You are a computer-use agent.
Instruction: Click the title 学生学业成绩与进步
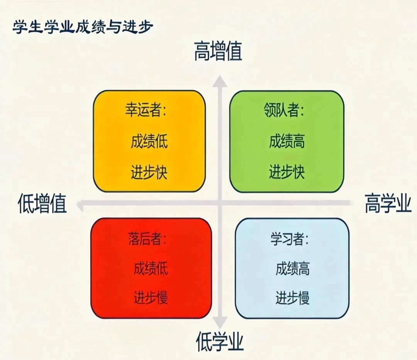point(83,27)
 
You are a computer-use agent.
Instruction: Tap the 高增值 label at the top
point(218,51)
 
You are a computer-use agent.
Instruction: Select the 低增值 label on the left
point(42,203)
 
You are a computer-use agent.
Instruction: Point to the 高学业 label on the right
point(388,203)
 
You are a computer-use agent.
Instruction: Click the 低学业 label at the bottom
point(220,341)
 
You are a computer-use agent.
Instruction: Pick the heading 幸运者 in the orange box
point(146,110)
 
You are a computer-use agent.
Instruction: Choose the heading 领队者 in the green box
point(284,110)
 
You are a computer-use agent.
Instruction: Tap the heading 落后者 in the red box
point(147,238)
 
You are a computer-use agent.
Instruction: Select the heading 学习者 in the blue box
point(289,238)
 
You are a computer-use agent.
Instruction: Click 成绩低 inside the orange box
point(149,141)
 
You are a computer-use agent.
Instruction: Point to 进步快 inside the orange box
point(149,172)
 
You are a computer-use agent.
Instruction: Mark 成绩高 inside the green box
point(287,141)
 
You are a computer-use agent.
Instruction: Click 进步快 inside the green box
point(287,172)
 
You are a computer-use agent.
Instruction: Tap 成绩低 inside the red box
point(151,268)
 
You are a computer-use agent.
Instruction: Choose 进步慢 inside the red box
point(151,297)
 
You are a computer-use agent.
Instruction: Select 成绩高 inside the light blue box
point(293,268)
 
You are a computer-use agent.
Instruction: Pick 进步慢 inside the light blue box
point(293,297)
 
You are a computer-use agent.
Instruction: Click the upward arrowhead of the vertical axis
point(220,81)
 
